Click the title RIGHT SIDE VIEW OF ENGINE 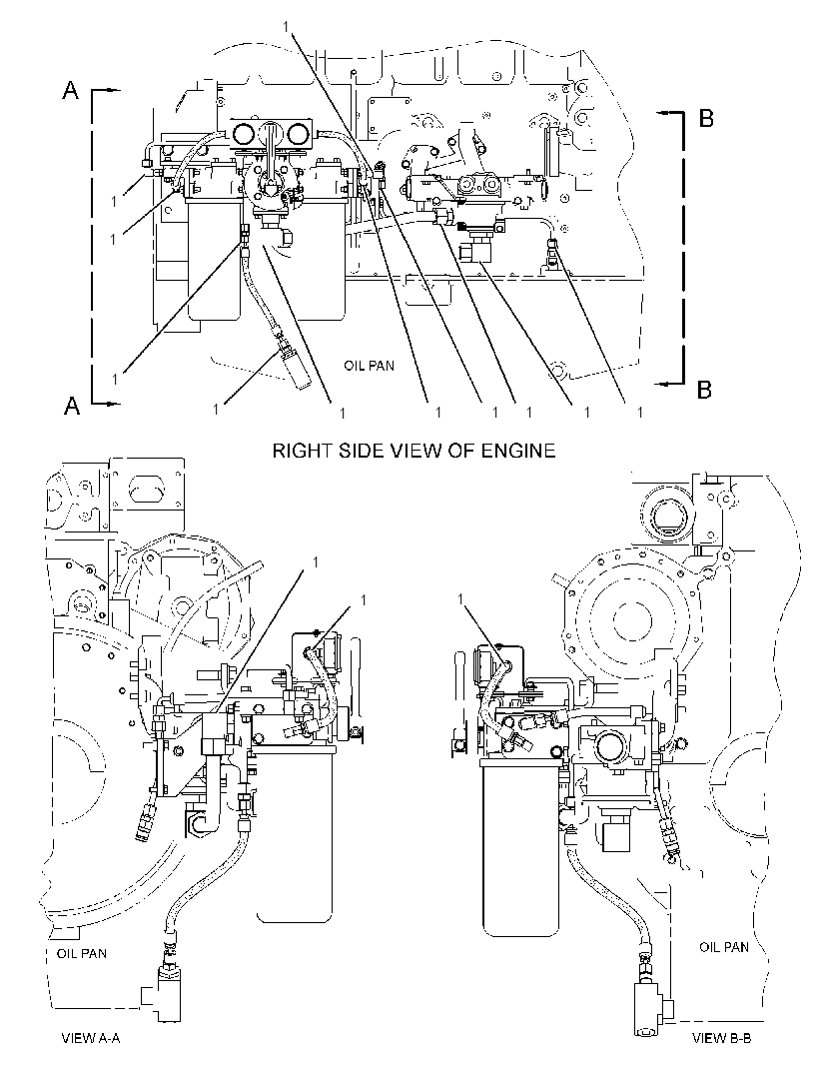(413, 450)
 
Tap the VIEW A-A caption (90, 1037)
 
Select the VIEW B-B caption (721, 1037)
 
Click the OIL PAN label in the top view (369, 366)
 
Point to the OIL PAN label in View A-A (81, 953)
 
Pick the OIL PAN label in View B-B (724, 946)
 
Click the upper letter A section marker (71, 90)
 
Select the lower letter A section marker (71, 405)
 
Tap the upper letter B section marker (705, 118)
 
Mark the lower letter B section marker (705, 390)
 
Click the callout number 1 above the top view (287, 25)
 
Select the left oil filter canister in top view (215, 262)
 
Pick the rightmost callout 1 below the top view (639, 412)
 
